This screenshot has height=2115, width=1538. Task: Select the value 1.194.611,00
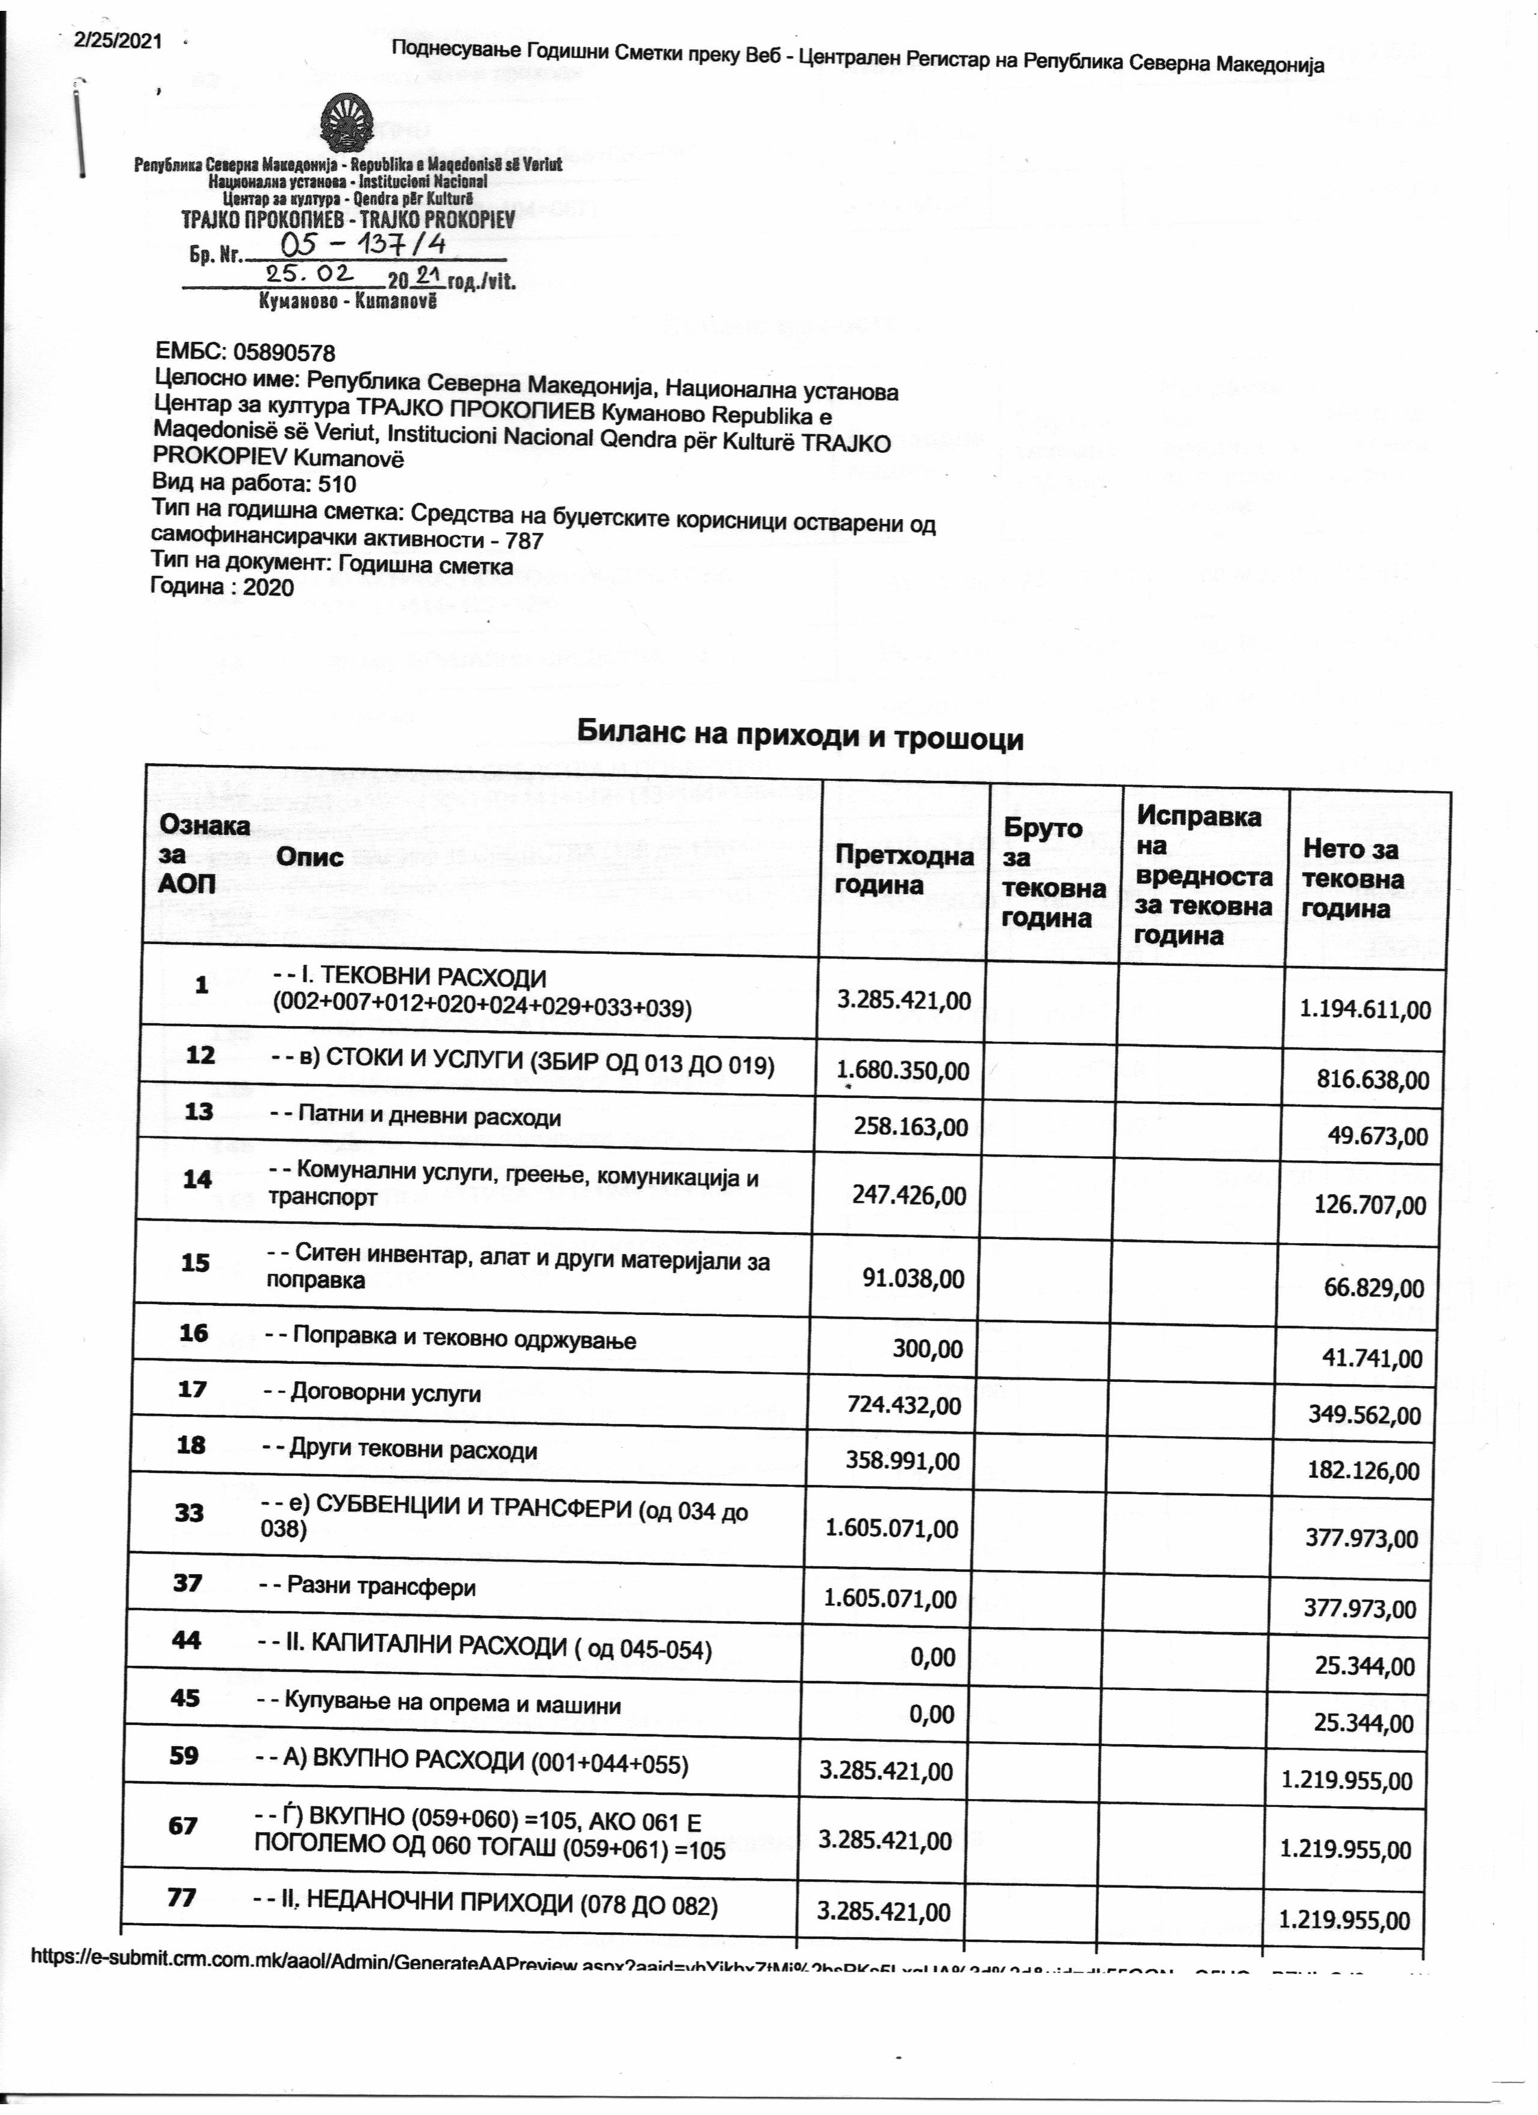pyautogui.click(x=1366, y=1009)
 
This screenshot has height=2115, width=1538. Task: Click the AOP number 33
pyautogui.click(x=189, y=1511)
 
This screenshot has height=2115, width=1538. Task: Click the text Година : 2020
pyautogui.click(x=222, y=587)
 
